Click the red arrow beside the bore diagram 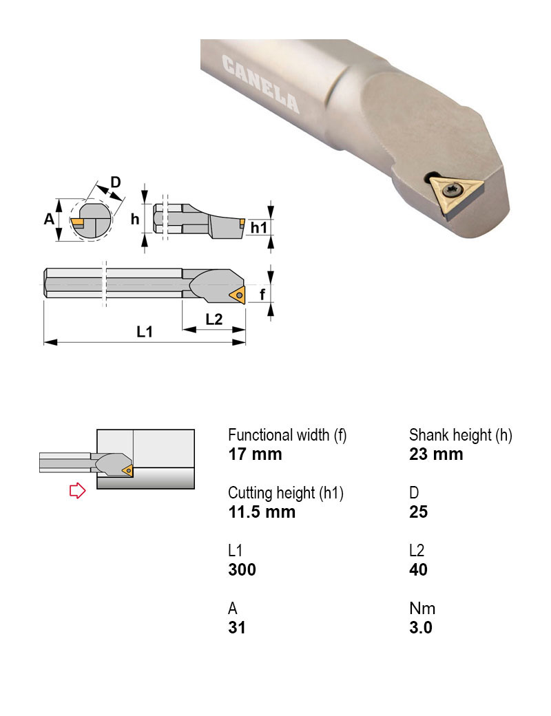77,490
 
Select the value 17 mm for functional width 255,454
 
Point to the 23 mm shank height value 436,454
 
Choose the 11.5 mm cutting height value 262,512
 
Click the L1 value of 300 242,569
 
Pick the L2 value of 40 418,569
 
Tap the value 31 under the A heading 237,627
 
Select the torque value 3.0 421,627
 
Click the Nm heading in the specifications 422,609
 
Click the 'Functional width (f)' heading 287,435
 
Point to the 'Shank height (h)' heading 461,435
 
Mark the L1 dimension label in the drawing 145,332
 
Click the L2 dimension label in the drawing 214,319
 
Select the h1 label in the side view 258,227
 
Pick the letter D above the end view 116,182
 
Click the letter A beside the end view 48,219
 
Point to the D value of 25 418,512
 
